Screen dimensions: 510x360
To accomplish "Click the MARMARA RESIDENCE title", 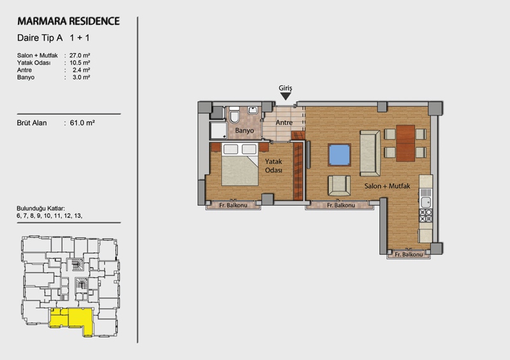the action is (x=69, y=21).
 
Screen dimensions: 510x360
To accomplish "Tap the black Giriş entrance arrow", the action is (x=286, y=97).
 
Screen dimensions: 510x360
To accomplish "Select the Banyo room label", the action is (x=244, y=131).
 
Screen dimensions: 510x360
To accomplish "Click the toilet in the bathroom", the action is (x=234, y=115).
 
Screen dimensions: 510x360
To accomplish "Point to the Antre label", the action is (x=284, y=122).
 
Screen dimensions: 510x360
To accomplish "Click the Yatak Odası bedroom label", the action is (x=273, y=166).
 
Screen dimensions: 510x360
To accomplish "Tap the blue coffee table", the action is (x=339, y=155).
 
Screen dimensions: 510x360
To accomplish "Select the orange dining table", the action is (x=405, y=143).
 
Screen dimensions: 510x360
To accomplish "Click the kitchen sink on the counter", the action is (x=426, y=201).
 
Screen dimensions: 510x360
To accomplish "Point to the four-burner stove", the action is (x=426, y=215).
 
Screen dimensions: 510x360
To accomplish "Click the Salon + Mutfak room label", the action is (x=387, y=186).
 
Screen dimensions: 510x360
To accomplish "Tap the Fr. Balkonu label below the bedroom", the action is (x=233, y=205).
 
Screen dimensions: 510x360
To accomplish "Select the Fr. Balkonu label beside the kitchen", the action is (x=409, y=254).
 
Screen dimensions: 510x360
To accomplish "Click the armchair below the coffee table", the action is (x=339, y=186).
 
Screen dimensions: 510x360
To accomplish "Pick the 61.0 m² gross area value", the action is (x=82, y=123).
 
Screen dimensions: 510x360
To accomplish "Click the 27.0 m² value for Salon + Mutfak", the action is (x=80, y=55).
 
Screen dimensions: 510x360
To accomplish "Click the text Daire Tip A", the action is (x=40, y=38).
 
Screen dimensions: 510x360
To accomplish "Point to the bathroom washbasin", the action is (x=252, y=110).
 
